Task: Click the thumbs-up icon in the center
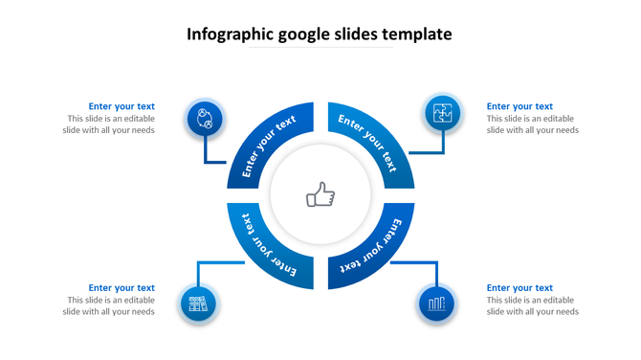[320, 196]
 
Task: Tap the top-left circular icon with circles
[204, 119]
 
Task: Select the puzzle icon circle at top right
[443, 113]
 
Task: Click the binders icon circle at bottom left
[198, 305]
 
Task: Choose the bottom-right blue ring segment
[375, 246]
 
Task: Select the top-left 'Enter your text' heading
[122, 106]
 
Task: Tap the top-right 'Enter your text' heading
[519, 106]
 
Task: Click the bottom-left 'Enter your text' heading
[122, 287]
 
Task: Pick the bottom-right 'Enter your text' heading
[519, 287]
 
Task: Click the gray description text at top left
[111, 124]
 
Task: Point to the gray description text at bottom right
[533, 305]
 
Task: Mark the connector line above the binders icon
[198, 273]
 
